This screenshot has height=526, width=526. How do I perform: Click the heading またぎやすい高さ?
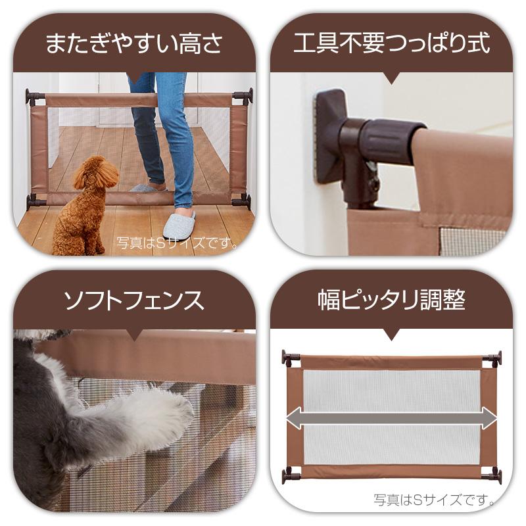tap(134, 45)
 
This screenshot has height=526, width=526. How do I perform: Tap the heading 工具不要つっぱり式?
tap(391, 45)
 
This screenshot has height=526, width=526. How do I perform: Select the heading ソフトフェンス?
tap(134, 302)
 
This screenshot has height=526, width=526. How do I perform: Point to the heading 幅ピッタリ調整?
tap(391, 302)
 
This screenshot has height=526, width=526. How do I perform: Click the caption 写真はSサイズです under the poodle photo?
tap(178, 243)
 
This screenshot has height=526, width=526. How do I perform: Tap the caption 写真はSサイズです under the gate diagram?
tap(435, 499)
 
